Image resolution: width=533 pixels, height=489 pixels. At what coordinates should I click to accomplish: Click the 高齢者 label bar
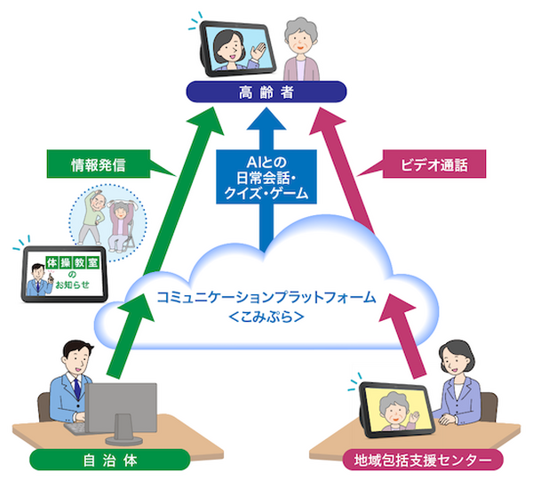tap(266, 92)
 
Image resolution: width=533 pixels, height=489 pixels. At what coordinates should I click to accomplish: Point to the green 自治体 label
tap(109, 461)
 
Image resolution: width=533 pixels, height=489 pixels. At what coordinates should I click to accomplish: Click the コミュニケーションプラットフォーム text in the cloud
tap(265, 297)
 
